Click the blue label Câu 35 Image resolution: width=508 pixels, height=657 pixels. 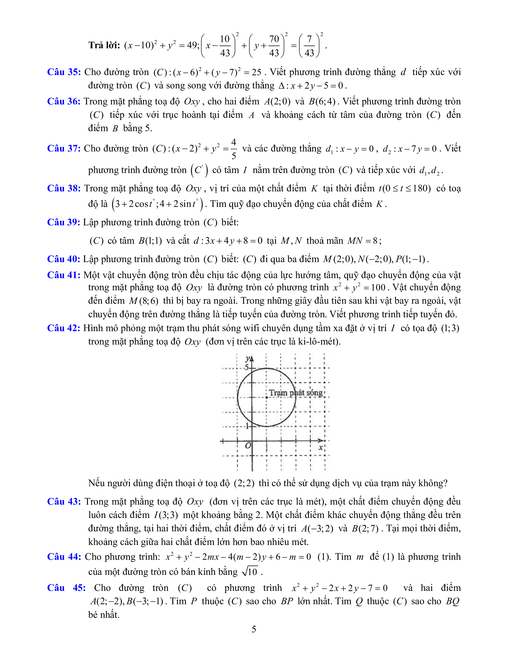64,72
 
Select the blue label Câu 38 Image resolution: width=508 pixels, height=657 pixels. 64,188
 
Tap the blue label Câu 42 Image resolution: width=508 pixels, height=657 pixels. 64,328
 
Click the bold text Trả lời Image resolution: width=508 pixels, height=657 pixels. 104,45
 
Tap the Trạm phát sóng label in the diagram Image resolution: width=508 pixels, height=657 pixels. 295,393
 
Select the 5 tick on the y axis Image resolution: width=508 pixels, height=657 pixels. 247,367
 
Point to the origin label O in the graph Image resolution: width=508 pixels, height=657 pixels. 248,446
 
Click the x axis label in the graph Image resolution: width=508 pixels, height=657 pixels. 321,447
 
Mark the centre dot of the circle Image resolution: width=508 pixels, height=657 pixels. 267,397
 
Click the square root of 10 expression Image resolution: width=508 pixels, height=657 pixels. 250,571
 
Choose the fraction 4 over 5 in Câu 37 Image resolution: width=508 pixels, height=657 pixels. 234,149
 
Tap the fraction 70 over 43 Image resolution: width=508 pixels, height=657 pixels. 274,46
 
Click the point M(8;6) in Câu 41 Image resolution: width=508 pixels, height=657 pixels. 143,301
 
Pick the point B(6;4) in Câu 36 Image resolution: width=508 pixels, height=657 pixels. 322,101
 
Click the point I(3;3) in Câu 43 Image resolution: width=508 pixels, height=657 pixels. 166,515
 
